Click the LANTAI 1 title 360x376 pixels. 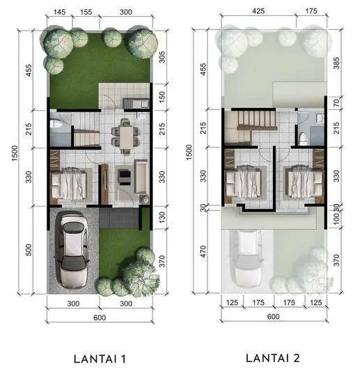point(100,359)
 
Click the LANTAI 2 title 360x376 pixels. point(273,359)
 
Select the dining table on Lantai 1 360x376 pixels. point(126,136)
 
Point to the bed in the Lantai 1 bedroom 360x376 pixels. point(69,183)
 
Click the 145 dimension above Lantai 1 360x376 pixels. point(59,12)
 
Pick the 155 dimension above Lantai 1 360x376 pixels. point(86,12)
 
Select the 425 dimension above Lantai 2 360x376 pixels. point(258,11)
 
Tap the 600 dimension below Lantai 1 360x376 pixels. point(100,318)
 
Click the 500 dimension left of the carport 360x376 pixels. point(29,250)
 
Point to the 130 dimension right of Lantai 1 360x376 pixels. point(162,217)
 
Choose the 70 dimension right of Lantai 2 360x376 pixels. point(336,102)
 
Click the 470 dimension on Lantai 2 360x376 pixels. point(203,251)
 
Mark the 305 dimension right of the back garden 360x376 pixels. point(162,57)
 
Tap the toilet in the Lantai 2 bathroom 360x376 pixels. point(303,139)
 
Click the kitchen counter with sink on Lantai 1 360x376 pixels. point(136,104)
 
